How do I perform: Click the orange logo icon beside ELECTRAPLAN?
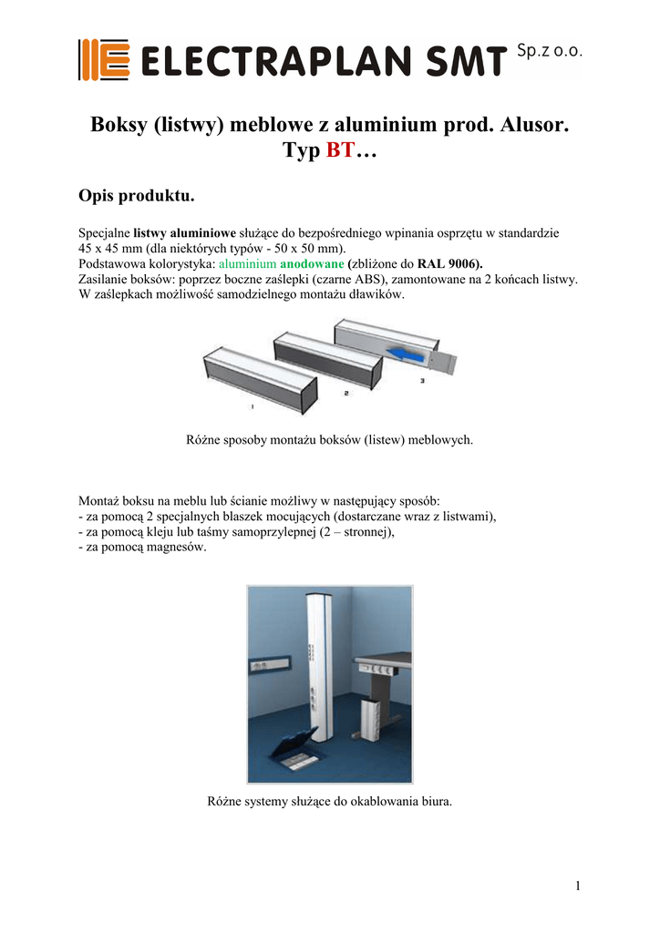[x=101, y=60]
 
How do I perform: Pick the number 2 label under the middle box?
[x=346, y=393]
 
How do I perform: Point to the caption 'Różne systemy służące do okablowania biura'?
[x=330, y=802]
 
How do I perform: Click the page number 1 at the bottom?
[x=578, y=886]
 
